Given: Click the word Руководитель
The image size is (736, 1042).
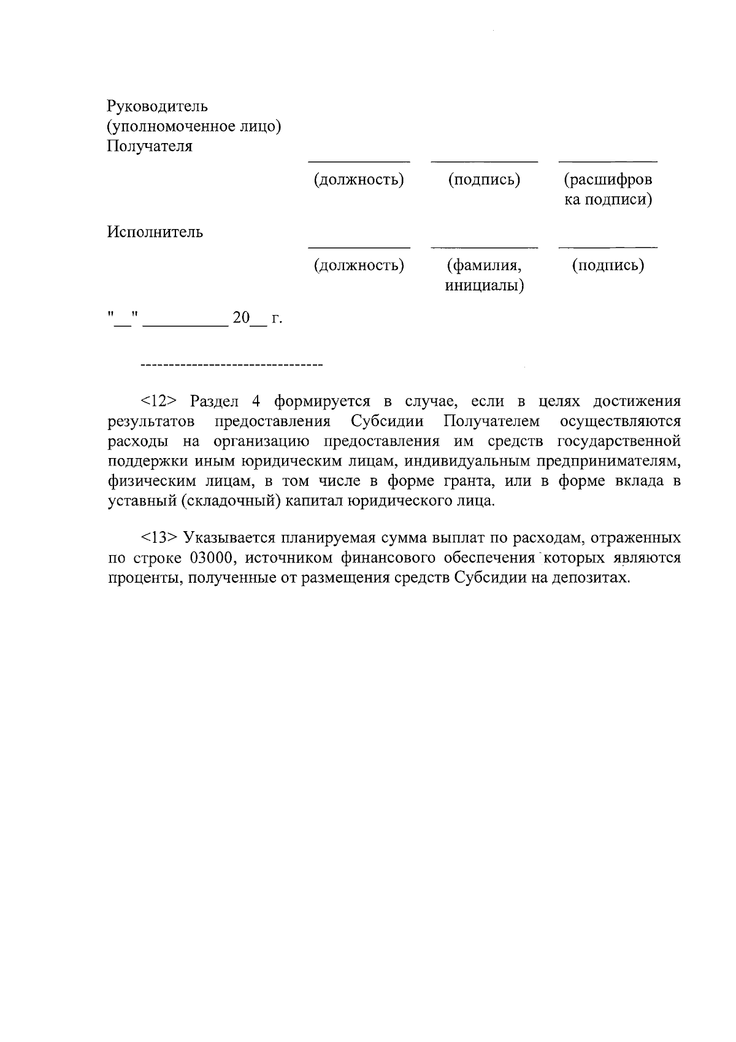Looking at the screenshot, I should tap(158, 106).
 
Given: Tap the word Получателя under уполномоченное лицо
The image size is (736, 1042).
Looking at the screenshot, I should tap(150, 146).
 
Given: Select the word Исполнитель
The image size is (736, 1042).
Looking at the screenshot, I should tap(155, 232).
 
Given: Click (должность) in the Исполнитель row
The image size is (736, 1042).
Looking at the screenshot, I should tap(359, 265).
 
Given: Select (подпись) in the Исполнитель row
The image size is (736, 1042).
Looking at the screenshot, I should tap(608, 265).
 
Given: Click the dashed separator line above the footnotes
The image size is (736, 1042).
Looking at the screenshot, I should tap(231, 366).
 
